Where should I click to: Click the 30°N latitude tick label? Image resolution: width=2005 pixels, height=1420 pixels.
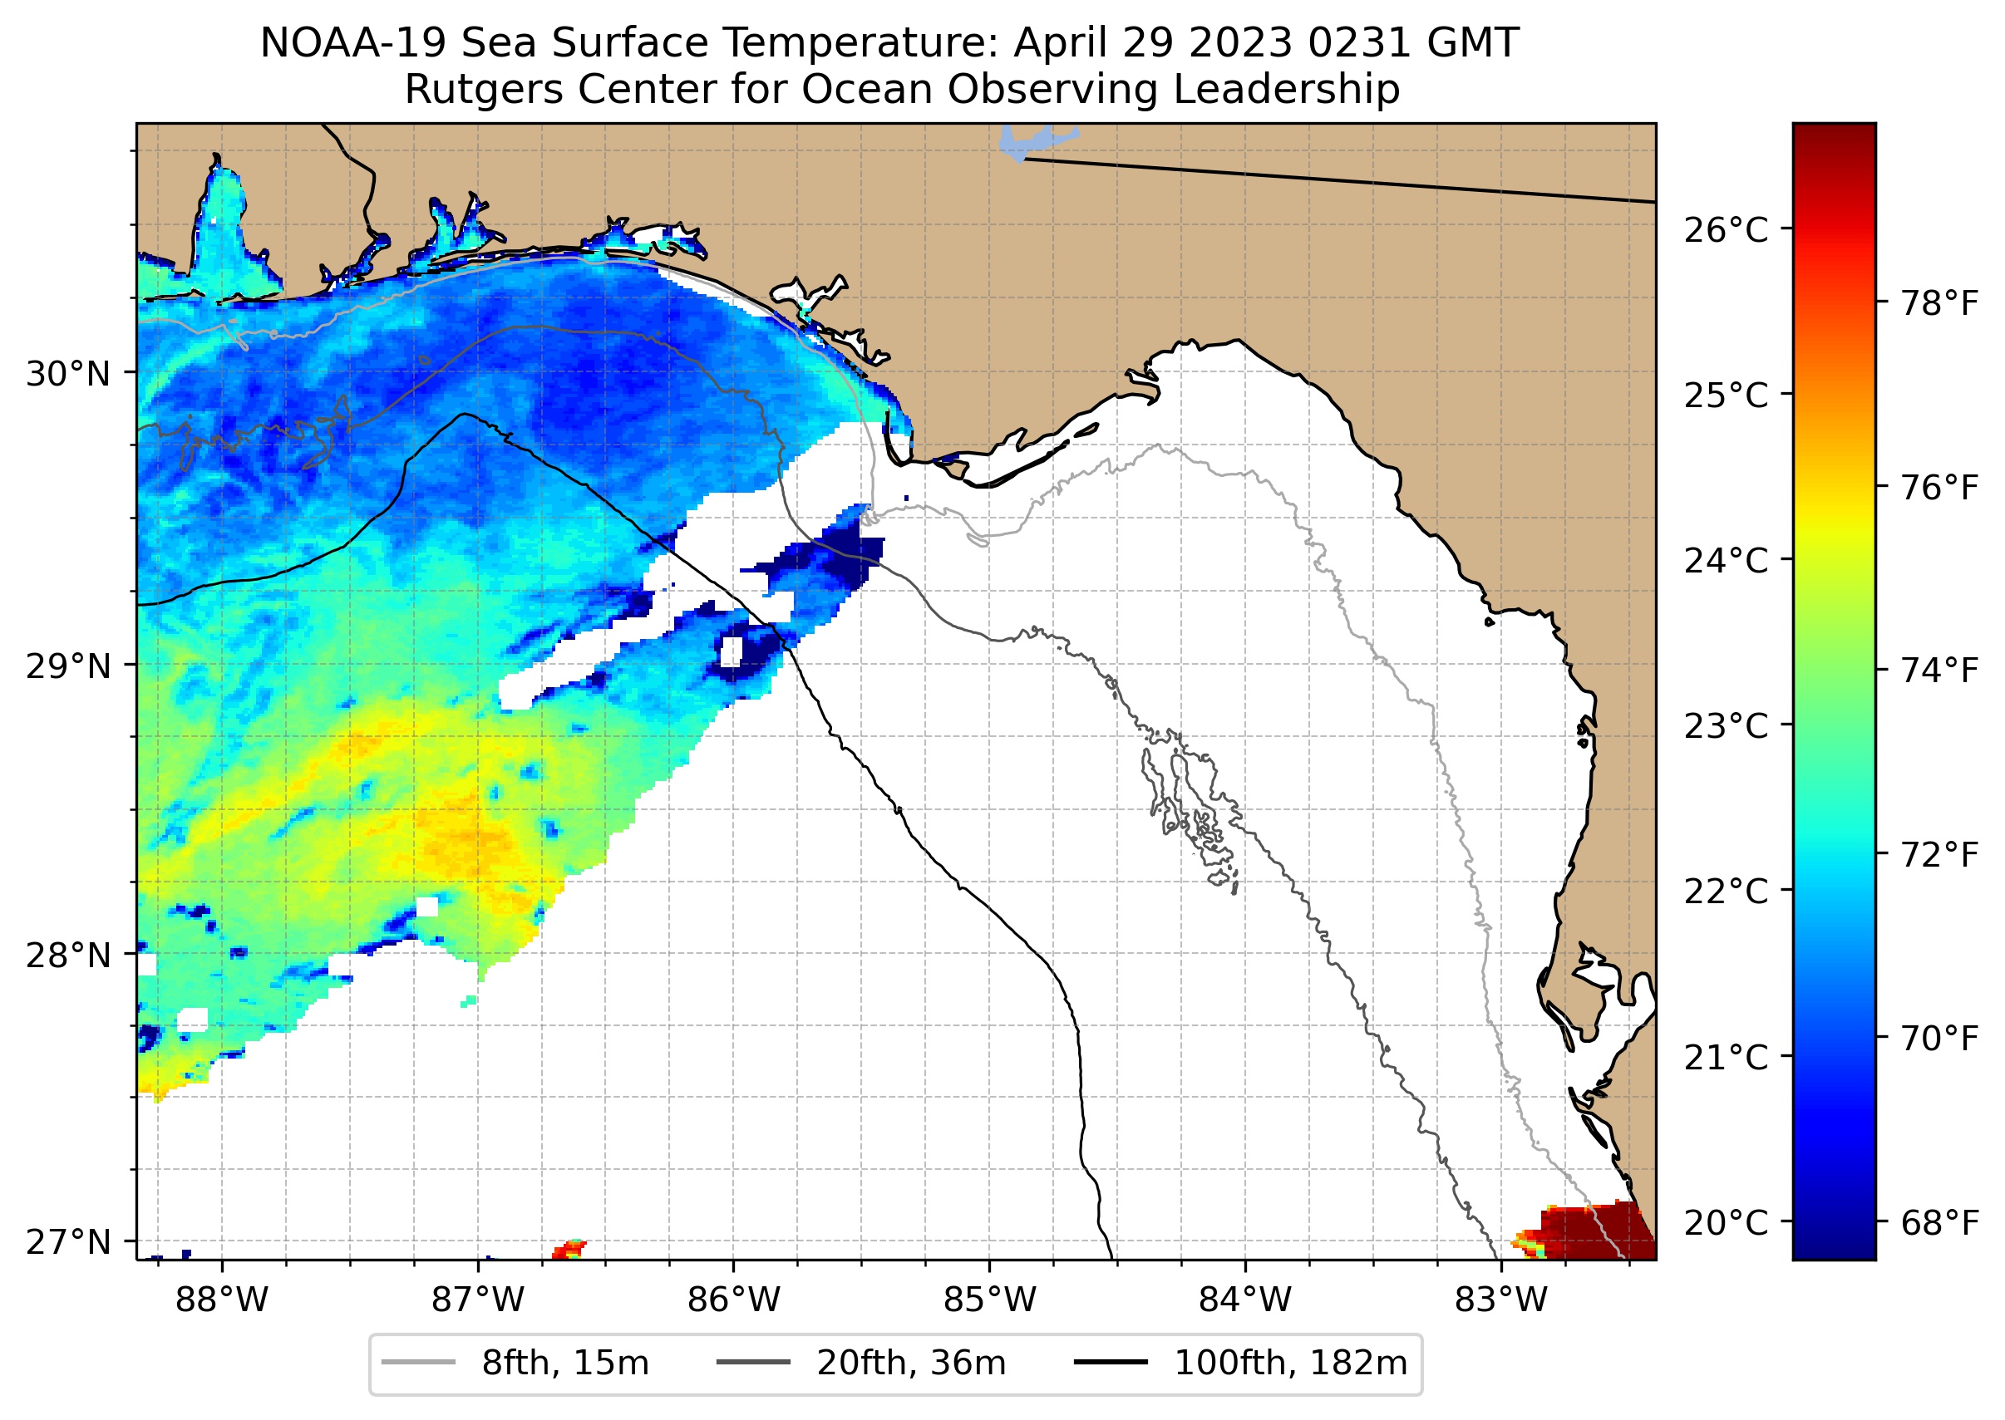tap(68, 374)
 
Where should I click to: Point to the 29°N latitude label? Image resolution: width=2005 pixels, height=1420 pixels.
tap(68, 666)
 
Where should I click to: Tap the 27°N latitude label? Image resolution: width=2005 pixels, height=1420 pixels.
tap(68, 1241)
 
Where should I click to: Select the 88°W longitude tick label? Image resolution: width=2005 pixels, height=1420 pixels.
tap(221, 1300)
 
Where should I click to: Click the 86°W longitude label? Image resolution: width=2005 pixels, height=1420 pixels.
tap(733, 1300)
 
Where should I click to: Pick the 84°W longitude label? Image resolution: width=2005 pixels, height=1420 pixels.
tap(1245, 1300)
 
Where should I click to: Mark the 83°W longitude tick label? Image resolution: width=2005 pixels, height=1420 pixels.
tap(1501, 1300)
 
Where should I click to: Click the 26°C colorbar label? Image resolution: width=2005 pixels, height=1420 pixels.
tap(1726, 230)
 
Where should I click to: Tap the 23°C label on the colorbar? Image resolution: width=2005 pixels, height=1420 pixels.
tap(1726, 725)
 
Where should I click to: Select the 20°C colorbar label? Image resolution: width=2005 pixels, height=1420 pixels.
tap(1726, 1222)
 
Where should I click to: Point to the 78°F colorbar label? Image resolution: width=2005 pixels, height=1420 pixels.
tap(1939, 303)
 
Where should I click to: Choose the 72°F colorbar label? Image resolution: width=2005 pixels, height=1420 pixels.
tap(1939, 854)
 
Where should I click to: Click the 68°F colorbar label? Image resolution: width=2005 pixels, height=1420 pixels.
tap(1939, 1222)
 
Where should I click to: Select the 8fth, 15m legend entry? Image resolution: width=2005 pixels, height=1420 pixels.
tap(564, 1363)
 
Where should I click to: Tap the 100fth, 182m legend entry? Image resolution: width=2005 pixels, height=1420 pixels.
tap(1289, 1363)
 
